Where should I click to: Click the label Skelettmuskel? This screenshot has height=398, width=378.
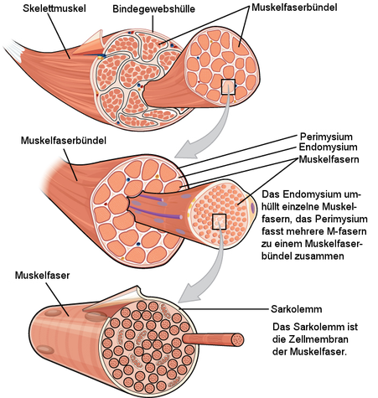(x=54, y=8)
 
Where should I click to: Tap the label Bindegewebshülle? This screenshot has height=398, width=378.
(x=153, y=9)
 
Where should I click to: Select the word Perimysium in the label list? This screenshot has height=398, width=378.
(x=326, y=137)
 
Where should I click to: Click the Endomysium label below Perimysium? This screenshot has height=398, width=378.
(x=328, y=147)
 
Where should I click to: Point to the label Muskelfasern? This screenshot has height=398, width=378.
(x=329, y=159)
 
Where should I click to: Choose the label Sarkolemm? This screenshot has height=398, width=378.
(x=297, y=309)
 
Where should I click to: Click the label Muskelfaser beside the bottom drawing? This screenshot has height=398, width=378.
(x=42, y=276)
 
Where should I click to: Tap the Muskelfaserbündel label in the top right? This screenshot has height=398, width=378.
(x=294, y=8)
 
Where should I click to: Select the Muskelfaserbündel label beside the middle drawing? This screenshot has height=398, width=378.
(x=64, y=140)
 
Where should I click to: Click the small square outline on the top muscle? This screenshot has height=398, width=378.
(x=228, y=87)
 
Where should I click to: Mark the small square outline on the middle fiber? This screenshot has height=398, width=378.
(x=219, y=222)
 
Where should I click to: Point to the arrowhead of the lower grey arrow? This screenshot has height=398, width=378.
(x=187, y=293)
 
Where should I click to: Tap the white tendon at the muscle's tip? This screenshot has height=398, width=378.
(x=15, y=50)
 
